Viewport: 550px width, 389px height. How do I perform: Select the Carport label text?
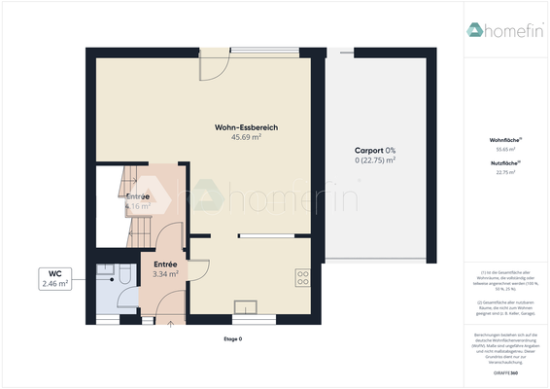click(375, 150)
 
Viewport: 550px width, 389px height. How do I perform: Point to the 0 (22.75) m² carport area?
click(375, 160)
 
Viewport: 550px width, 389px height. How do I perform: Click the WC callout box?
click(54, 278)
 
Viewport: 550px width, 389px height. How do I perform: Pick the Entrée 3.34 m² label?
click(165, 269)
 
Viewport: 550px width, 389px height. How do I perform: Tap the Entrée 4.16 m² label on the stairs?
click(138, 201)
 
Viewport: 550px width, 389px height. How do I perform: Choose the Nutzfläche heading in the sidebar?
click(504, 163)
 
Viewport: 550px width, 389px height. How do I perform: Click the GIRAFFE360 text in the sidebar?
click(504, 372)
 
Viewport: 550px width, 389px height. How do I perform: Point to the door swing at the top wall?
click(215, 65)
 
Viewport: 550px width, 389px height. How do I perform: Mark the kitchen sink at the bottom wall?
click(246, 308)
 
